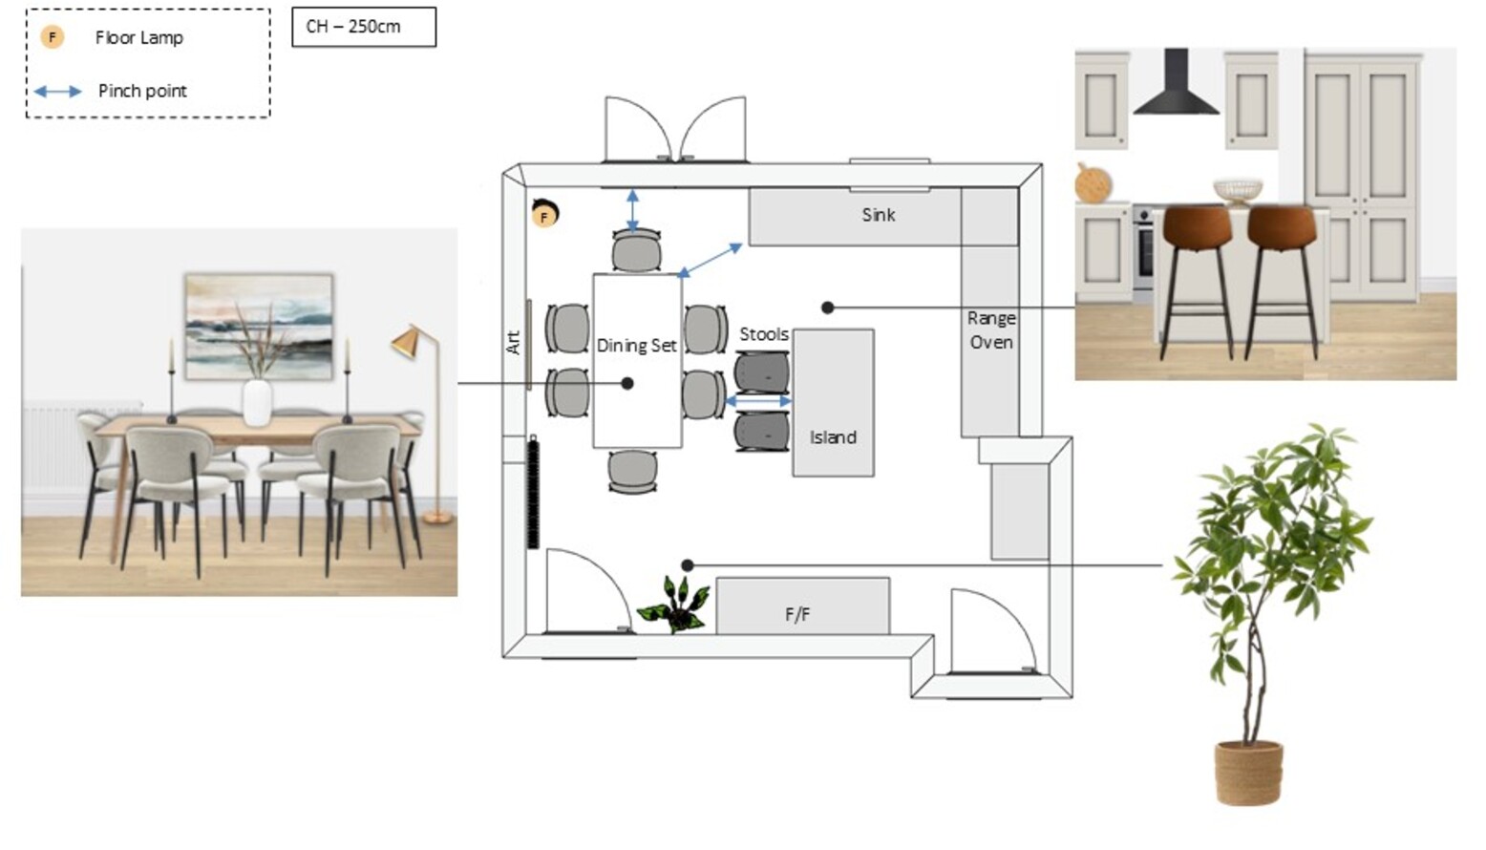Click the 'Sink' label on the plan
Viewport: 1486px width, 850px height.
tap(879, 215)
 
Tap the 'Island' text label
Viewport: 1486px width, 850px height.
tap(833, 437)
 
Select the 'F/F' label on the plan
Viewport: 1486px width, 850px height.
tap(797, 614)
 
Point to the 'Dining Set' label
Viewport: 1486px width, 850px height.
tap(636, 346)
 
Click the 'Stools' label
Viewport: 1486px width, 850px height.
tap(764, 334)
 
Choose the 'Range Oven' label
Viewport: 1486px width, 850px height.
tap(991, 330)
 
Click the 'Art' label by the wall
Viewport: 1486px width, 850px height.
tap(514, 343)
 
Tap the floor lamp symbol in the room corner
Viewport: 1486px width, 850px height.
tap(544, 214)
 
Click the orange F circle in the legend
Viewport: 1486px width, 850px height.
tap(53, 37)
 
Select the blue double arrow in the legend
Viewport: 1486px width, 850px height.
tap(57, 92)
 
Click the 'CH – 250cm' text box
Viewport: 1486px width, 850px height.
tap(364, 27)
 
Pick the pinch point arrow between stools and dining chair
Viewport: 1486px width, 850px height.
tap(758, 401)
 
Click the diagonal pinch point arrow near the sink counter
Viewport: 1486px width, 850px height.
tap(710, 260)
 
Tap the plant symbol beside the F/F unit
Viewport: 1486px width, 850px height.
tap(672, 605)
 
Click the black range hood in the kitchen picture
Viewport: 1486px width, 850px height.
tap(1176, 81)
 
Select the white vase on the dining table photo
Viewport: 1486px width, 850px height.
tap(257, 402)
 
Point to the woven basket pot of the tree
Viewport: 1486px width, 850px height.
tap(1248, 773)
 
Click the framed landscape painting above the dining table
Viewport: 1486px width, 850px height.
tap(259, 327)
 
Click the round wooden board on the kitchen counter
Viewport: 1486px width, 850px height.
tap(1092, 183)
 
